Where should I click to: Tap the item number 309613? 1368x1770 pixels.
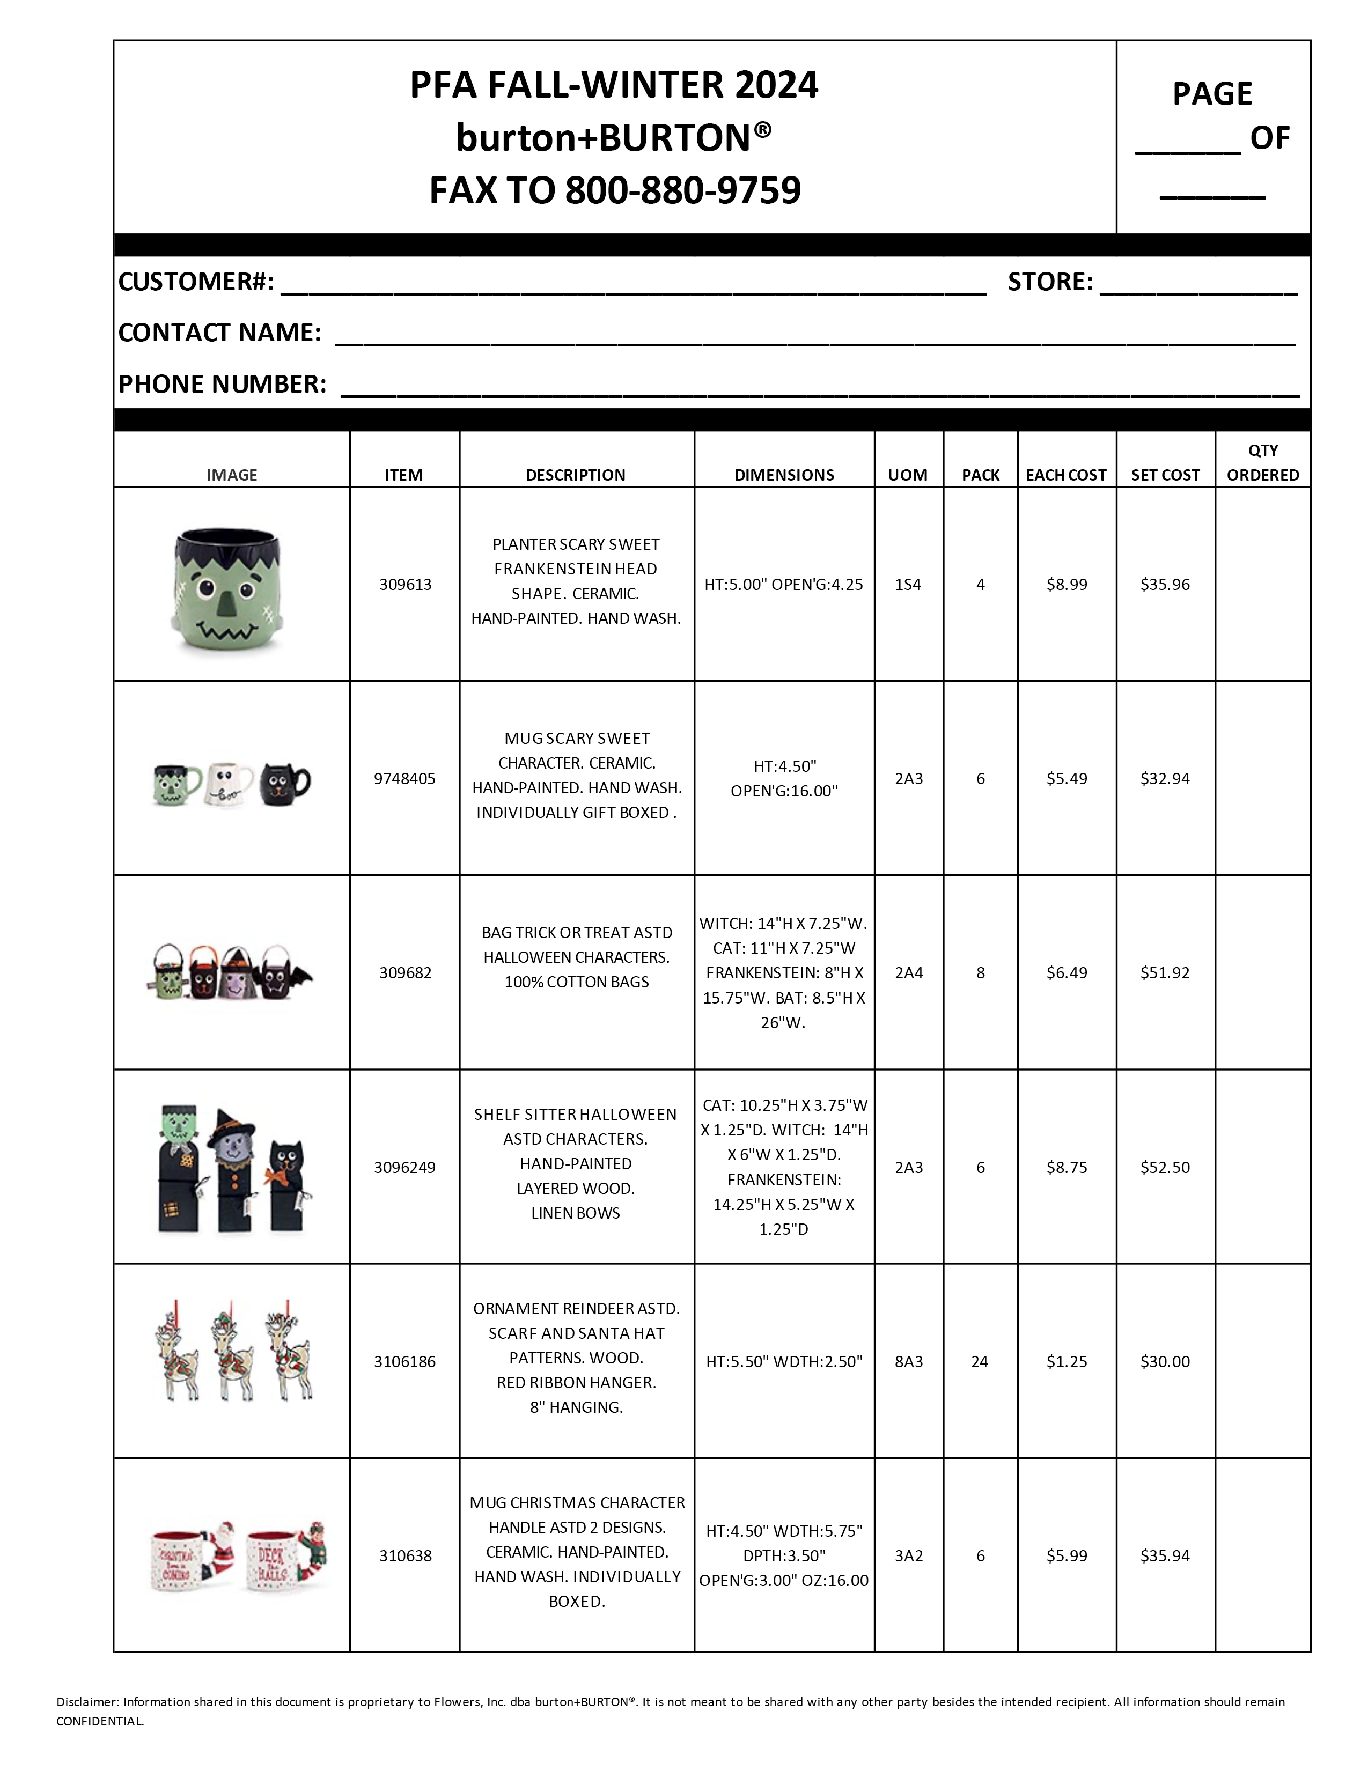click(405, 584)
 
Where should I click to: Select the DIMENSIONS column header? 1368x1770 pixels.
click(784, 475)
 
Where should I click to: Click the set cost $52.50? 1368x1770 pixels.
click(1165, 1167)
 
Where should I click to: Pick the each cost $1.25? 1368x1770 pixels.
click(1066, 1361)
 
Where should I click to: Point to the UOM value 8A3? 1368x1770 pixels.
click(908, 1361)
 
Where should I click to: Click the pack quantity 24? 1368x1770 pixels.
click(979, 1361)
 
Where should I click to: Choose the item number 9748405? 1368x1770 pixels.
click(404, 779)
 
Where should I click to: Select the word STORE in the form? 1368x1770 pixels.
click(1049, 282)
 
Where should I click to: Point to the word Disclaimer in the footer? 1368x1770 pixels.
click(87, 1702)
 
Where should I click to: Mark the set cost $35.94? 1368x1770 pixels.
click(1165, 1555)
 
